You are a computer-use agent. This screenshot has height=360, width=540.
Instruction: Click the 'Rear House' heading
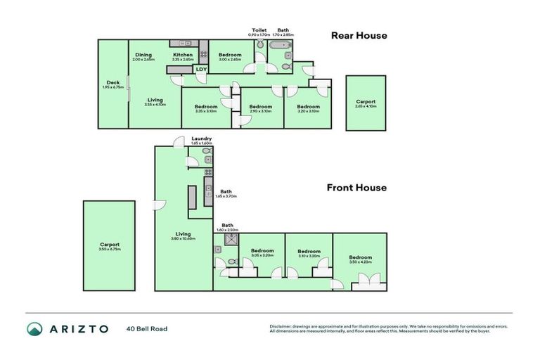click(359, 36)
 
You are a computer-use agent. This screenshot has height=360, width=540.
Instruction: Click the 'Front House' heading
click(356, 188)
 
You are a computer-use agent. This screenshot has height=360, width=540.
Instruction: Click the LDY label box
click(201, 69)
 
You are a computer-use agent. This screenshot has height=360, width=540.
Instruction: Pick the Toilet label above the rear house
click(259, 31)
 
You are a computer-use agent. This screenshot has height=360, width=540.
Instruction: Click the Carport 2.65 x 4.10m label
click(366, 103)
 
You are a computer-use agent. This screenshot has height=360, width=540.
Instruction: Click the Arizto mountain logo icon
click(35, 329)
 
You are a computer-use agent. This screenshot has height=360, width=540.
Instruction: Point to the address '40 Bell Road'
click(147, 328)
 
